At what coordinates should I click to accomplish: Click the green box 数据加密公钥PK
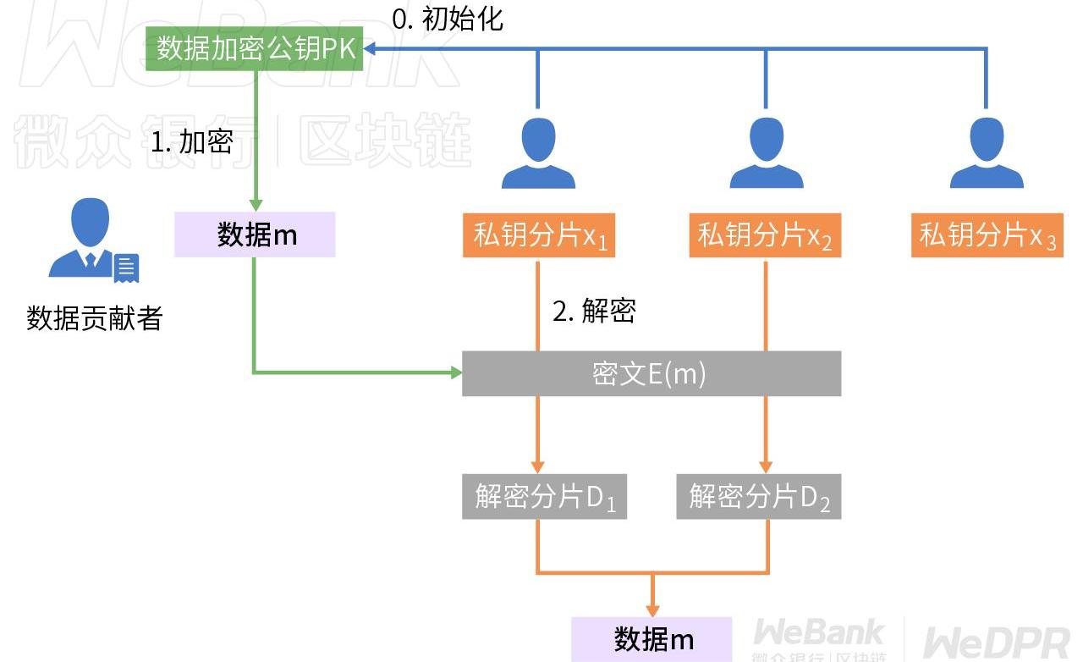(255, 48)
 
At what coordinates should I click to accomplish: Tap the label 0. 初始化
(448, 19)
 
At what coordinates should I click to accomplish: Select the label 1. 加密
(191, 142)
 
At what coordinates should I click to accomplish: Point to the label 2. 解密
(594, 312)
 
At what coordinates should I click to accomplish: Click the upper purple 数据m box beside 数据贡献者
(255, 234)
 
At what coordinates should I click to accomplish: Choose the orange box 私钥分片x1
(539, 235)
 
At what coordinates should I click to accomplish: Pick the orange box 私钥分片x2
(765, 235)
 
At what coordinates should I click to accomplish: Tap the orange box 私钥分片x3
(987, 235)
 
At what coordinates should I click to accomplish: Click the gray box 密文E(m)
(651, 373)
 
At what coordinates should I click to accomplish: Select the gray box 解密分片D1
(544, 497)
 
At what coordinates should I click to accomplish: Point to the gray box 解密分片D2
(759, 497)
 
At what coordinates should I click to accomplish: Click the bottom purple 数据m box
(651, 639)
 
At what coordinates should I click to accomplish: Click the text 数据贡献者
(94, 318)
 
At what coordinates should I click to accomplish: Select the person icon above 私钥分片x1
(538, 153)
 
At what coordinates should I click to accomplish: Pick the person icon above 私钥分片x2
(766, 153)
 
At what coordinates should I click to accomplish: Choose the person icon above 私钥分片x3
(987, 153)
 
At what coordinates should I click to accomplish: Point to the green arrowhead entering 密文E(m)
(456, 372)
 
